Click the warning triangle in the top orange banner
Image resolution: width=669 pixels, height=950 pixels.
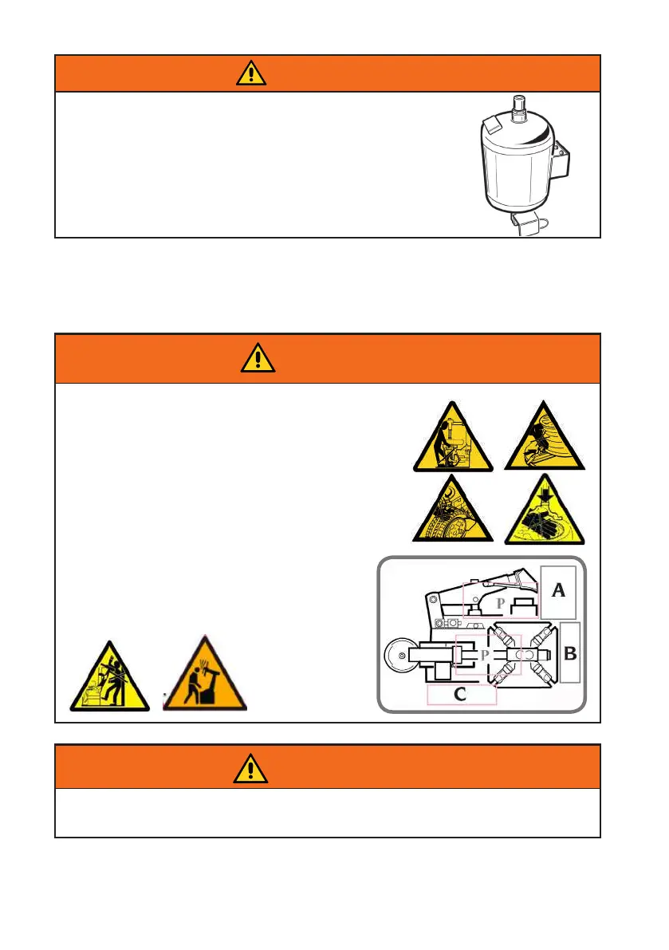251,73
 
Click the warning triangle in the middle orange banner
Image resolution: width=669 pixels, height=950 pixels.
258,360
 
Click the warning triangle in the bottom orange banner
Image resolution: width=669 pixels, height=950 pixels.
251,767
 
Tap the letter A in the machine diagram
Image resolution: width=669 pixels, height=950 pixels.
559,590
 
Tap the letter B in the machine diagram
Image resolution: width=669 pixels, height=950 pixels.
571,654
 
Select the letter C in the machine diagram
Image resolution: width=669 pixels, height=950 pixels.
460,695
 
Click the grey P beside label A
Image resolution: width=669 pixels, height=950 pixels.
500,604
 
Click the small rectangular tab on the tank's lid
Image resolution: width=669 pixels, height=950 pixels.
493,121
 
